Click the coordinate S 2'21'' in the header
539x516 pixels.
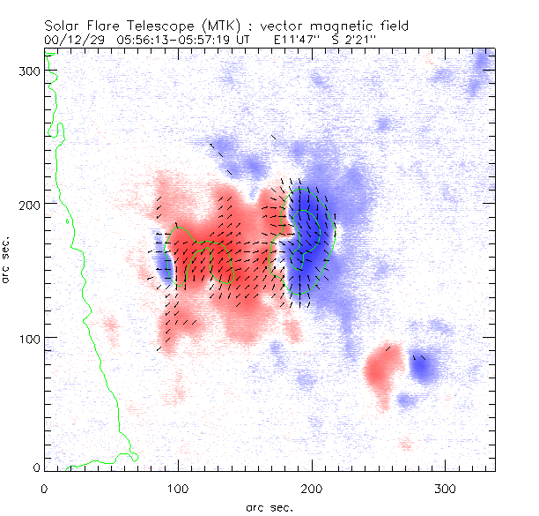364,40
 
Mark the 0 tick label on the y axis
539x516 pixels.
35,467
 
